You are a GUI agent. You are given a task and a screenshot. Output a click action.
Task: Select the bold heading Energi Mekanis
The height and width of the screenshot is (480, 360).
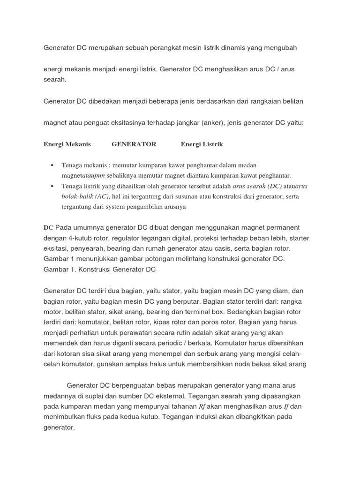tap(67, 144)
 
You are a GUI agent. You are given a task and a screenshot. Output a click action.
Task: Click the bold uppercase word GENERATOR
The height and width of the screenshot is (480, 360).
tap(134, 144)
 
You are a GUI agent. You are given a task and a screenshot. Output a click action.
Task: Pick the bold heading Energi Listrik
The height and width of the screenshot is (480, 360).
tap(202, 144)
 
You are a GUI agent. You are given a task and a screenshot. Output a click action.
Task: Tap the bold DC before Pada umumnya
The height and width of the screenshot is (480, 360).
tap(48, 227)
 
